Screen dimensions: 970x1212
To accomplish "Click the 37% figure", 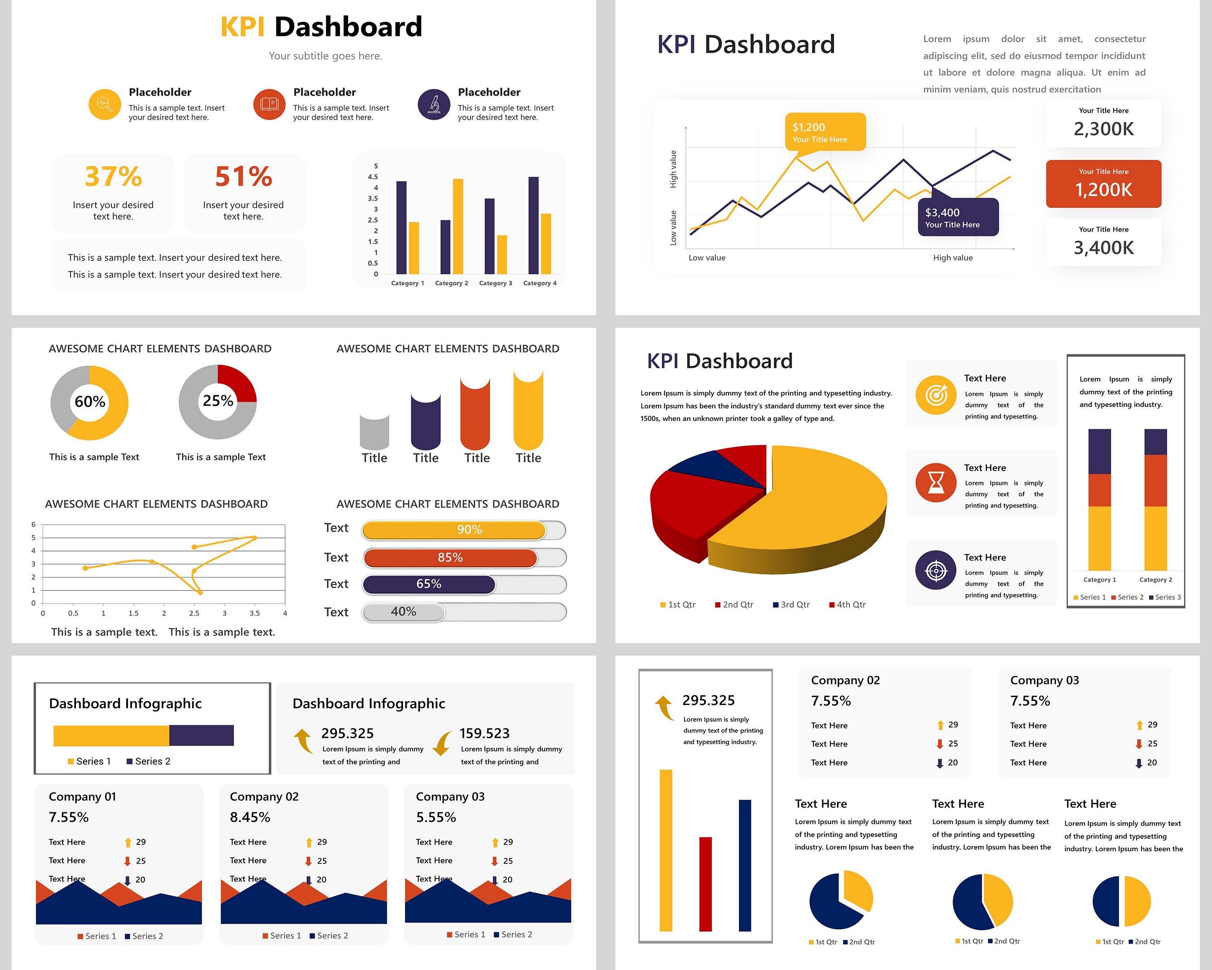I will coord(113,176).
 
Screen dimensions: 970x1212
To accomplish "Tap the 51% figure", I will coord(243,176).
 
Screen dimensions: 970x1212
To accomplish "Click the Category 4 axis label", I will coord(540,283).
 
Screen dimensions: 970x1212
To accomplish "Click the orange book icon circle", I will coord(269,105).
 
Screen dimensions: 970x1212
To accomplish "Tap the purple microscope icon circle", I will coord(434,105).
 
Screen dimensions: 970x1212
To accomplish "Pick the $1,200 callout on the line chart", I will coord(825,132).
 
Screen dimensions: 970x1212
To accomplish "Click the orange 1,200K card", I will coord(1103,184).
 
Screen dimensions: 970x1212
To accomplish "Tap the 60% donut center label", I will coord(90,401).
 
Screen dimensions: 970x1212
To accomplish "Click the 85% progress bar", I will coord(450,558).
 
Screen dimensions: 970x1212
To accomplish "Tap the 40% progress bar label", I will coord(404,612).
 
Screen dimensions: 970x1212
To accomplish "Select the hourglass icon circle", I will coord(935,482).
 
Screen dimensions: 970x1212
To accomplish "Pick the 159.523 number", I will coord(484,733).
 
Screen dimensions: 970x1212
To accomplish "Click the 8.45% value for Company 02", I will coord(250,817).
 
